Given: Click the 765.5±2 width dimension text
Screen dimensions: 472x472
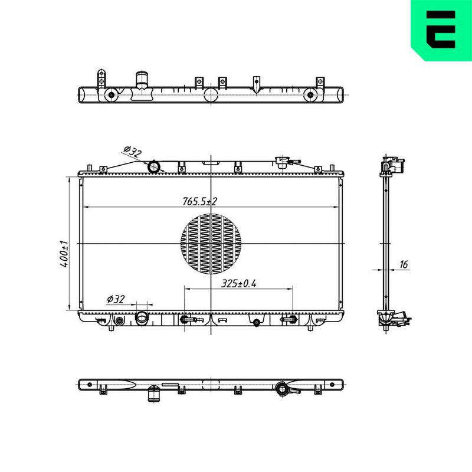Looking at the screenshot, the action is pos(199,201).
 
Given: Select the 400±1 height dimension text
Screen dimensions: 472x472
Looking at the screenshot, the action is pos(64,254).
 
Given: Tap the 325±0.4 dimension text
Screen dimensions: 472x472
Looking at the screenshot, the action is pos(238,283).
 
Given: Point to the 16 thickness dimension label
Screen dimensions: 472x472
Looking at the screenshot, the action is pos(404,264).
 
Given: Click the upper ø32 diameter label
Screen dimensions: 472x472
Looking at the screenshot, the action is pos(132,152).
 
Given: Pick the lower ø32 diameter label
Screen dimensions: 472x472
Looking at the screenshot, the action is pos(116,299).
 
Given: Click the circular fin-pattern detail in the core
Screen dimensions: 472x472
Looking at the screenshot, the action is pos(211,244).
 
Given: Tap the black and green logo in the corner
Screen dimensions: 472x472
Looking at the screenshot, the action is pos(441,30).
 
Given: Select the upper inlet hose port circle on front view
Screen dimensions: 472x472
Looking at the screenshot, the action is pos(153,166).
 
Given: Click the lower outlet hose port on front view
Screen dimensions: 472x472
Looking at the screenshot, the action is pos(142,318).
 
